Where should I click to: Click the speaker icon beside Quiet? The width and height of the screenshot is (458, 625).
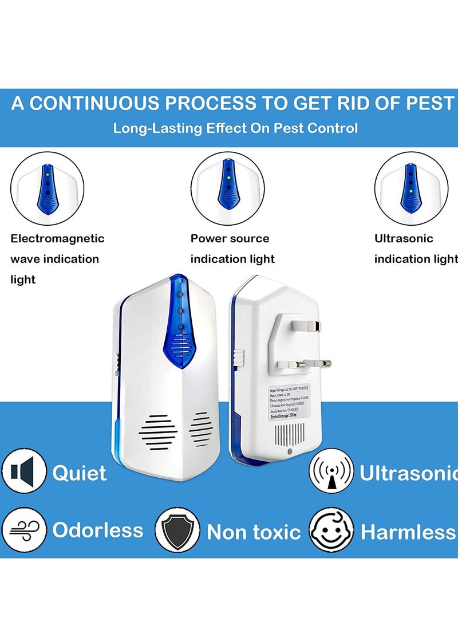[x=23, y=473]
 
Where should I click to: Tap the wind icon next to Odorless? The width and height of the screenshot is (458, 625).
[x=23, y=530]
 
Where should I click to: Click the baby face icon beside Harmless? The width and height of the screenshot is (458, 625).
[x=331, y=530]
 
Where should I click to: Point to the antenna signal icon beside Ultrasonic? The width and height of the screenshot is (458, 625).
[x=331, y=473]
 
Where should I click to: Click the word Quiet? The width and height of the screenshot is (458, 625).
[x=80, y=473]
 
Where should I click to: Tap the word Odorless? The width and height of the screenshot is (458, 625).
[x=98, y=530]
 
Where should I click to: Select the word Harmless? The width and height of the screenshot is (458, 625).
[x=408, y=532]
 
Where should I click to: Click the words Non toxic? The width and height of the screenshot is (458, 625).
[x=254, y=532]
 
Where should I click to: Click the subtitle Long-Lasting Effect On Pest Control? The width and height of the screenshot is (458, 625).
[x=235, y=128]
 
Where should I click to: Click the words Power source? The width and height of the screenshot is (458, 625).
[x=230, y=239]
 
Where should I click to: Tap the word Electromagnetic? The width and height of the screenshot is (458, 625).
[x=57, y=239]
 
